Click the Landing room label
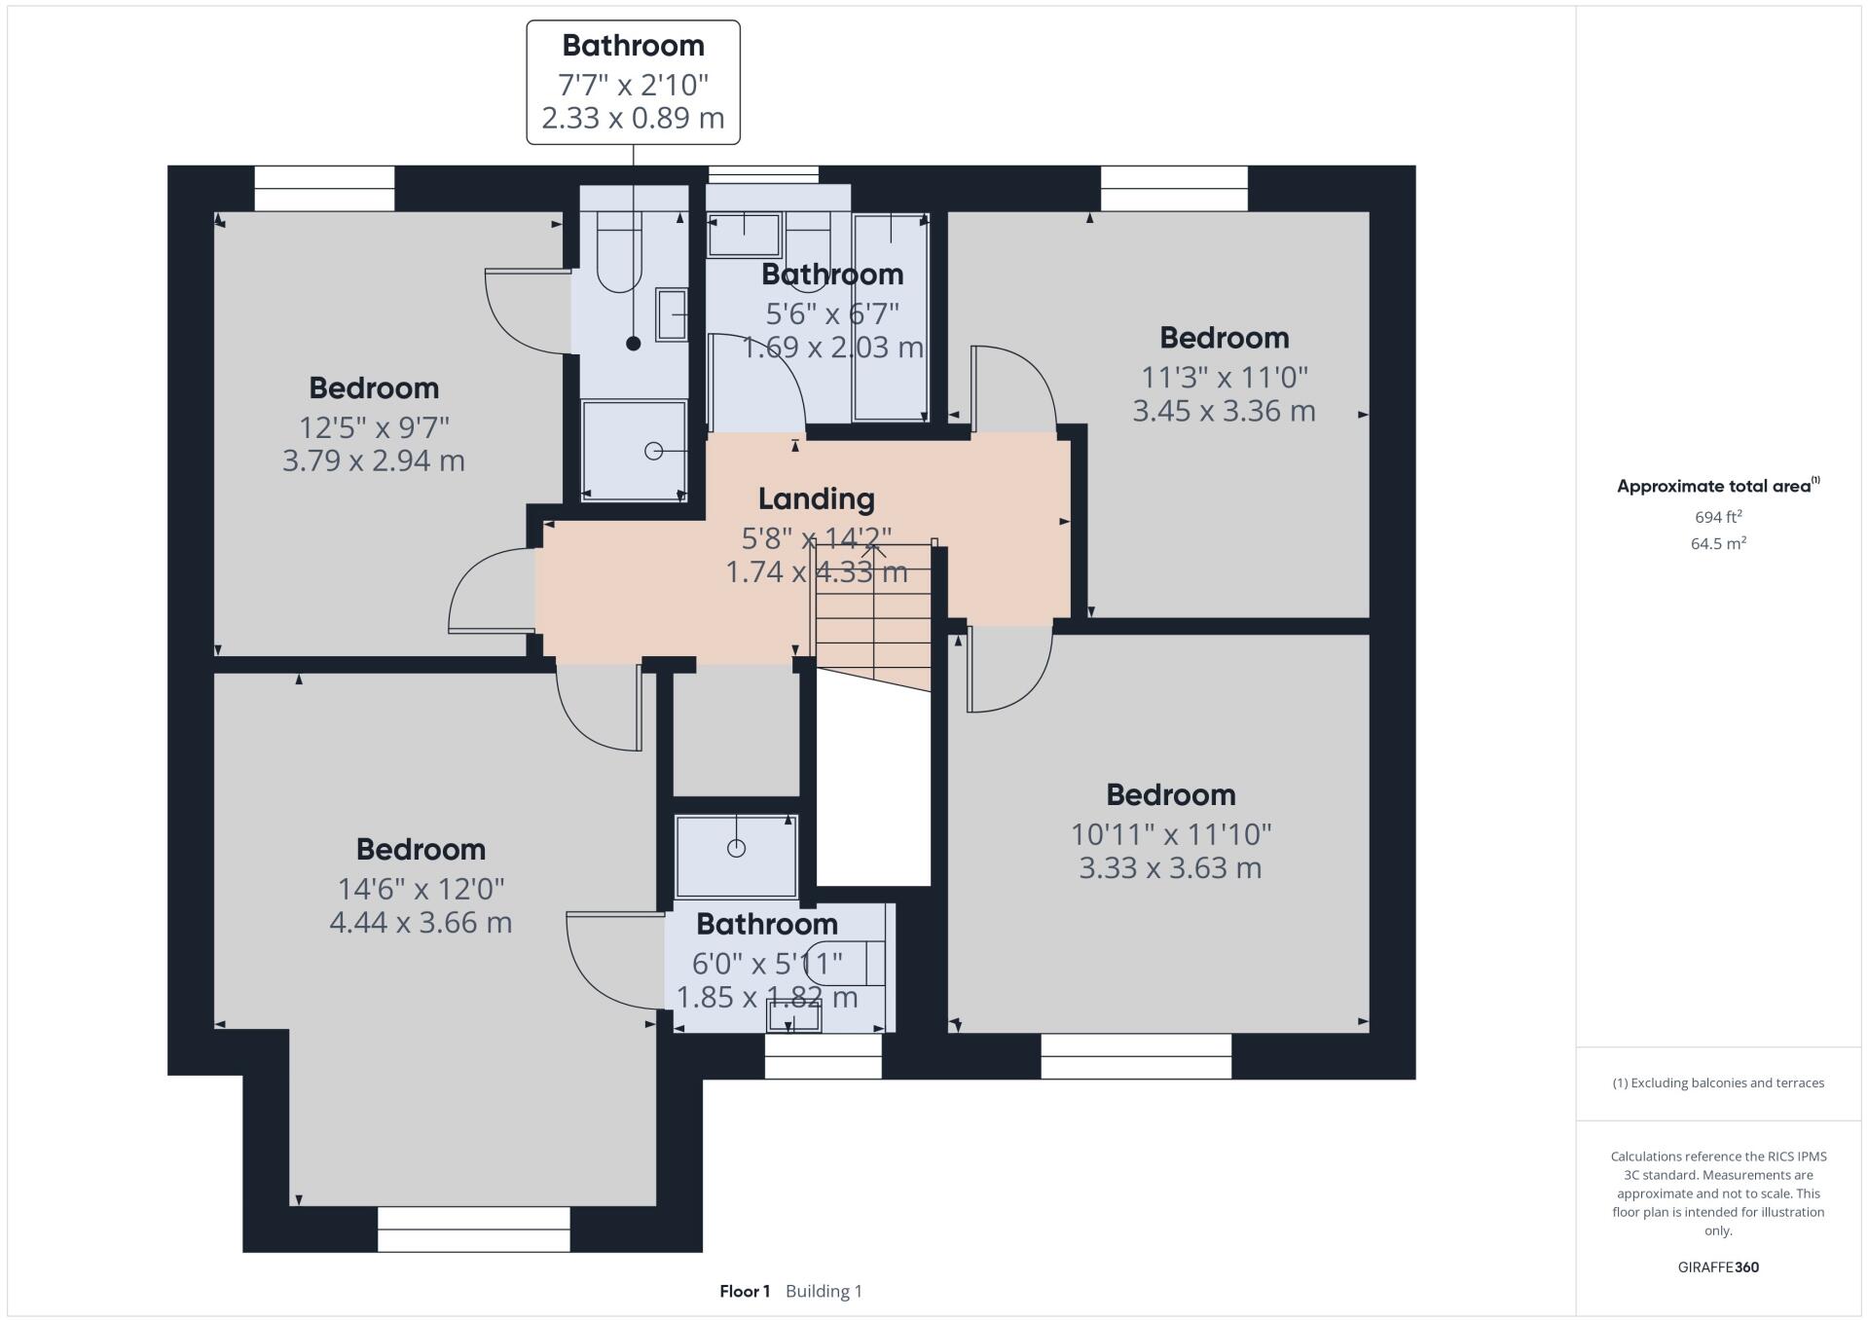(816, 499)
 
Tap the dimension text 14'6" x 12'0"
(421, 889)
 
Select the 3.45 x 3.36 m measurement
(1224, 411)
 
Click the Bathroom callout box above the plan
(633, 83)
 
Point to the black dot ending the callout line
(634, 344)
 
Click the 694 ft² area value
(1718, 517)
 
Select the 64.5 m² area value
(1718, 543)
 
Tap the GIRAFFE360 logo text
(1718, 1267)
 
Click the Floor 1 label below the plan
(745, 1292)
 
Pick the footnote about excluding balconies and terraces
(1718, 1083)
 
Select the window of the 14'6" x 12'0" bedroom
(473, 1229)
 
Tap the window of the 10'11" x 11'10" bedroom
(1135, 1056)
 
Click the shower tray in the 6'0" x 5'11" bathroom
(736, 856)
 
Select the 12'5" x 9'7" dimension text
(374, 427)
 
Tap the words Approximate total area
(1713, 487)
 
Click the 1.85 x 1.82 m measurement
(767, 998)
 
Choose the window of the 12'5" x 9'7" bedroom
(324, 188)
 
